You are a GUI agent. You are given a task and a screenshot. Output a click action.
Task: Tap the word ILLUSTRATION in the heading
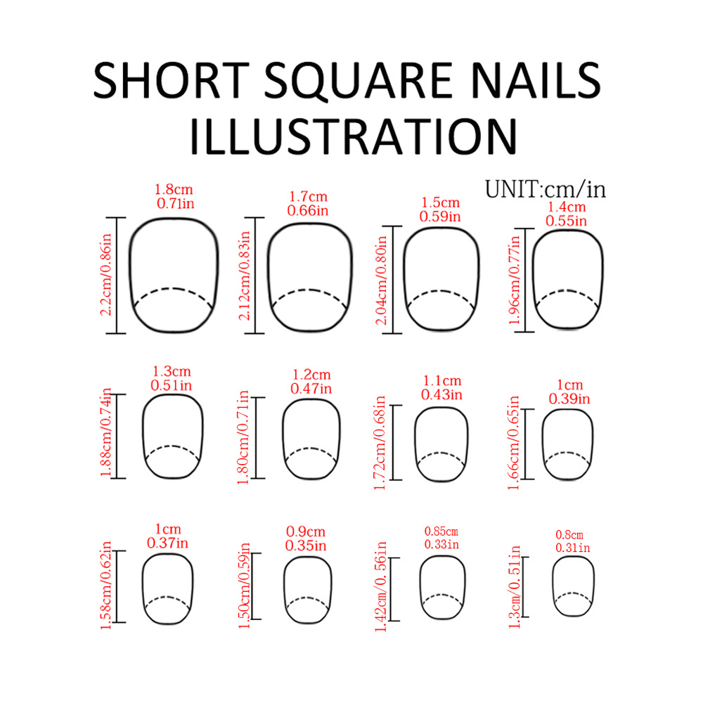[x=353, y=136]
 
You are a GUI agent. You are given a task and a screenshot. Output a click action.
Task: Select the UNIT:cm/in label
[x=545, y=189]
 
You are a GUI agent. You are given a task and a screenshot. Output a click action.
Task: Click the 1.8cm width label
[x=173, y=190]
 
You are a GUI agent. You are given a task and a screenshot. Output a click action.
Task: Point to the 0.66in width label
[x=308, y=209]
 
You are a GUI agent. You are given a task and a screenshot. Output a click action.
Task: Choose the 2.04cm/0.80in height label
[x=382, y=280]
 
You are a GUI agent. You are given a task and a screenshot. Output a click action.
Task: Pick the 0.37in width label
[x=167, y=543]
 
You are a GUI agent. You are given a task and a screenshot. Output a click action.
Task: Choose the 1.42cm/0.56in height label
[x=382, y=588]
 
